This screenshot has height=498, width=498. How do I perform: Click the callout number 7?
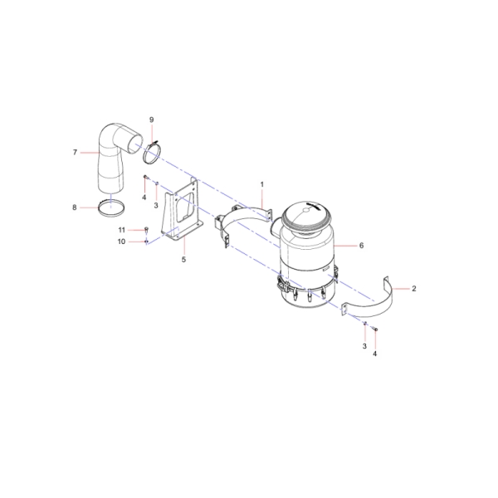75,153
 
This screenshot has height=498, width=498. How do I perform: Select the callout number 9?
152,120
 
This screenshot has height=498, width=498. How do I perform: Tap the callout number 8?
75,207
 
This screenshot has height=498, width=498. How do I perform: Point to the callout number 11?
122,230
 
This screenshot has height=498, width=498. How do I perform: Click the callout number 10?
122,242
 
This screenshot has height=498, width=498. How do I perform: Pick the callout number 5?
183,260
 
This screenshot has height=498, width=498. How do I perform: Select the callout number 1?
262,184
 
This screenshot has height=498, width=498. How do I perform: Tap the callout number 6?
361,246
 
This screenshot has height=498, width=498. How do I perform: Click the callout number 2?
413,289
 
